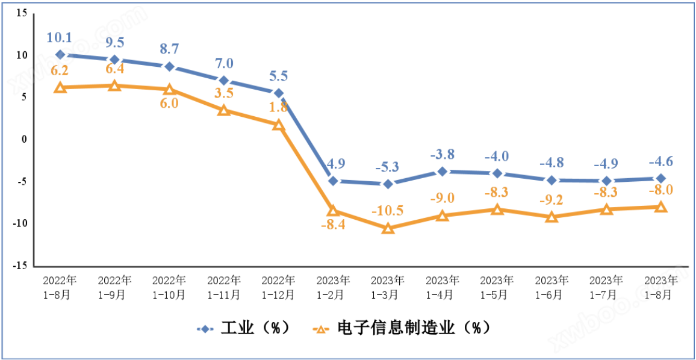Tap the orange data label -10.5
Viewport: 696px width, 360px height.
(388, 211)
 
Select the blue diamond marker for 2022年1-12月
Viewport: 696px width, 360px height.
(278, 93)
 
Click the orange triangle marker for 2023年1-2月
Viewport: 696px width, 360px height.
(333, 211)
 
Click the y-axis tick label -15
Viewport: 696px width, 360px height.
(20, 265)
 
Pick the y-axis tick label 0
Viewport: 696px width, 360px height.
(25, 139)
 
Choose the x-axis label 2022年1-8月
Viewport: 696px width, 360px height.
(60, 287)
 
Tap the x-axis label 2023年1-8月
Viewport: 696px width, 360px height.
(660, 287)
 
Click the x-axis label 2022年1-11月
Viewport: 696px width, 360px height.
(223, 287)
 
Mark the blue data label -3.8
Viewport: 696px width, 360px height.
(443, 154)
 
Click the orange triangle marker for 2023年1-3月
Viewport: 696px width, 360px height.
(388, 229)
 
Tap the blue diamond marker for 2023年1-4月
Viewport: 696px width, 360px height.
(443, 172)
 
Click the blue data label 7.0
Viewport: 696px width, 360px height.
(223, 64)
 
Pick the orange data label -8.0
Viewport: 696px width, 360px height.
(660, 190)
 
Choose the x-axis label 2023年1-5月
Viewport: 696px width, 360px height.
(497, 287)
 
